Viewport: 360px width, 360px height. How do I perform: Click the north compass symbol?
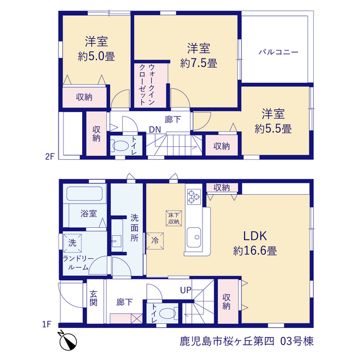pyautogui.click(x=68, y=341)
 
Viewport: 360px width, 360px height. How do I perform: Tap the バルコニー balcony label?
pyautogui.click(x=278, y=52)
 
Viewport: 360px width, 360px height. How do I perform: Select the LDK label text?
pyautogui.click(x=255, y=236)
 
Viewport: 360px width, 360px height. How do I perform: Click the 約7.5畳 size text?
pyautogui.click(x=199, y=63)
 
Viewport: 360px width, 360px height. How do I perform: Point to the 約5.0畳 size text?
pyautogui.click(x=96, y=56)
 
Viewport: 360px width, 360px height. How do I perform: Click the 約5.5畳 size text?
pyautogui.click(x=273, y=129)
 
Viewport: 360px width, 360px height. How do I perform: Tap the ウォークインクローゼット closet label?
pyautogui.click(x=146, y=84)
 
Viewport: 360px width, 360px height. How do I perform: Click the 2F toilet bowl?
pyautogui.click(x=120, y=146)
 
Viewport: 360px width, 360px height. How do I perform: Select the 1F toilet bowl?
pyautogui.click(x=167, y=313)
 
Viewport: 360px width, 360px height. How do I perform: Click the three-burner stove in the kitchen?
pyautogui.click(x=193, y=197)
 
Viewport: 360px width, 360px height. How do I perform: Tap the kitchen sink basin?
pyautogui.click(x=193, y=237)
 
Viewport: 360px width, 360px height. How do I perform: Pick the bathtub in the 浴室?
pyautogui.click(x=84, y=193)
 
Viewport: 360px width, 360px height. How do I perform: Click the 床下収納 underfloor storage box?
pyautogui.click(x=174, y=218)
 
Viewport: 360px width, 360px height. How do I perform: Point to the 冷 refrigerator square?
pyautogui.click(x=155, y=241)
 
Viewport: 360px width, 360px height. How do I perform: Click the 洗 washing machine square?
pyautogui.click(x=73, y=243)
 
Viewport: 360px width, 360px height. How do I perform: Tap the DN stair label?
pyautogui.click(x=155, y=130)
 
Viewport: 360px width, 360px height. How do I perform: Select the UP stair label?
pyautogui.click(x=186, y=290)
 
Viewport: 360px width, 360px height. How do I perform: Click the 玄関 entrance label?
pyautogui.click(x=93, y=298)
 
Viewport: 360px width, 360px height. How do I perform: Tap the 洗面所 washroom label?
pyautogui.click(x=134, y=228)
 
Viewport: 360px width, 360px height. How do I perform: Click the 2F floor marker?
pyautogui.click(x=50, y=156)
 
